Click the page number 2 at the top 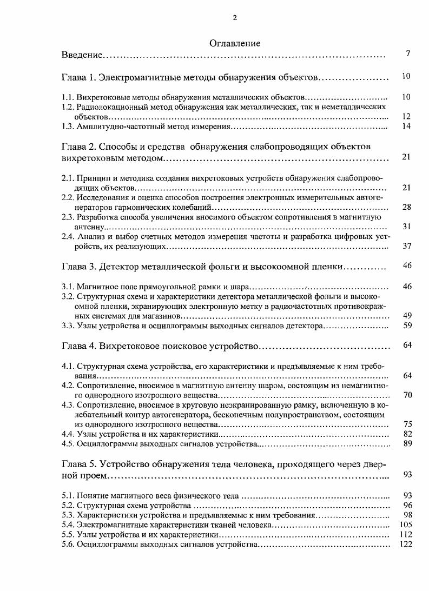235,17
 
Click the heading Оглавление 235,43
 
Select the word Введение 82,55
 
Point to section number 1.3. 68,127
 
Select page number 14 407,126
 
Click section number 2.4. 68,236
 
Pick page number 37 407,246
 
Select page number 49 407,315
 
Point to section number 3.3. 68,326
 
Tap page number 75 407,424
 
